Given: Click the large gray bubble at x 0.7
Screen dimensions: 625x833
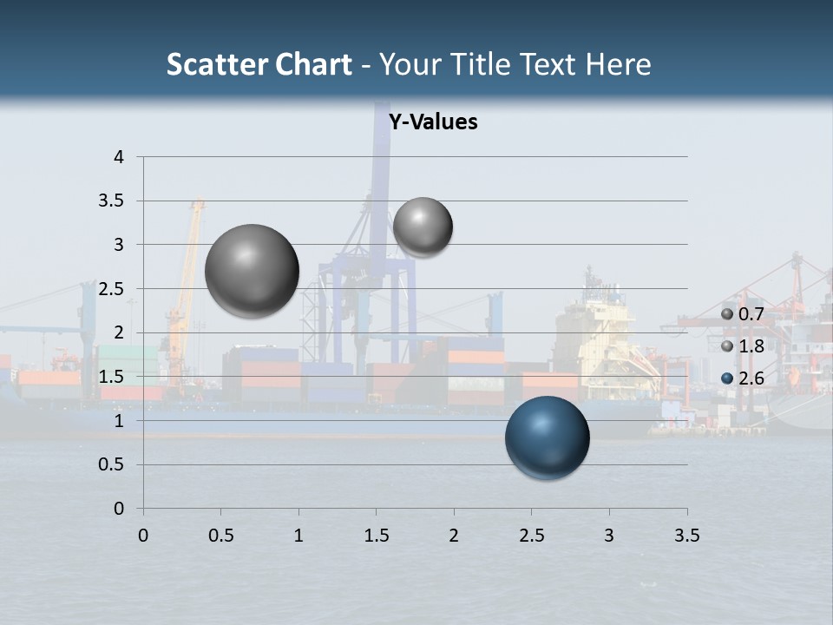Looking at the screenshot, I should point(253,271).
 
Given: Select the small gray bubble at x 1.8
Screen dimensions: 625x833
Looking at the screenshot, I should point(423,227).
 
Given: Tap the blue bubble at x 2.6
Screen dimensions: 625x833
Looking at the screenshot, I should point(547,437).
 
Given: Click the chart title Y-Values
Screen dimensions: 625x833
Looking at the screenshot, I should point(433,122).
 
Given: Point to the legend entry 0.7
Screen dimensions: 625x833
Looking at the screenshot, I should point(743,313).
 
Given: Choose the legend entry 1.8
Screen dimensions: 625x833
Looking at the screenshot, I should point(743,346).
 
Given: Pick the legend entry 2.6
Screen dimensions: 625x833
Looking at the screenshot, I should point(743,378).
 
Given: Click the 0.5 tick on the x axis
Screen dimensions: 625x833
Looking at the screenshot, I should point(221,536).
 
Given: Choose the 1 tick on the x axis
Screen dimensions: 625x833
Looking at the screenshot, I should point(298,536).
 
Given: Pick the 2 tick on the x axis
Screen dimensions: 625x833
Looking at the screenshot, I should point(454,536).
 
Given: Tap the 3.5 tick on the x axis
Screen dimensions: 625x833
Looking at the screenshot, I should point(686,536).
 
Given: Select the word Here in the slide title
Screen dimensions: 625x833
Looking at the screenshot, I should point(618,64).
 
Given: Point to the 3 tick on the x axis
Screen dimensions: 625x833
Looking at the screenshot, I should point(609,536).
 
